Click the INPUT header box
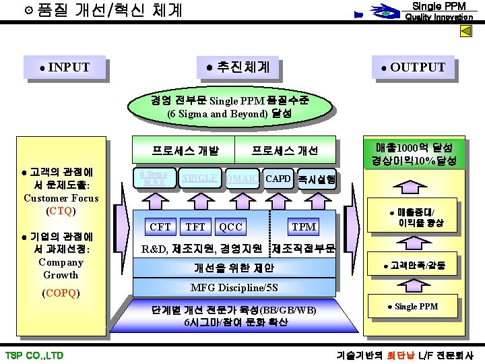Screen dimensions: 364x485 pos(65,67)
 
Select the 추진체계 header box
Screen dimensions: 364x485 pos(239,67)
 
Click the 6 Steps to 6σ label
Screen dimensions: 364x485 pos(153,177)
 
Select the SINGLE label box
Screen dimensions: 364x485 pos(200,178)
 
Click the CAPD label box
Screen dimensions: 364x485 pos(278,179)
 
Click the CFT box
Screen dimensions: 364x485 pos(160,227)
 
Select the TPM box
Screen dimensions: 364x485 pos(304,227)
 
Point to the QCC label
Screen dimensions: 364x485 pos(231,227)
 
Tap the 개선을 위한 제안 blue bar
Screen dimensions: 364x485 pos(234,268)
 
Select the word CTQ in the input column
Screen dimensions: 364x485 pos(61,211)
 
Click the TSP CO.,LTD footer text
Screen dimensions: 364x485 pos(34,355)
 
